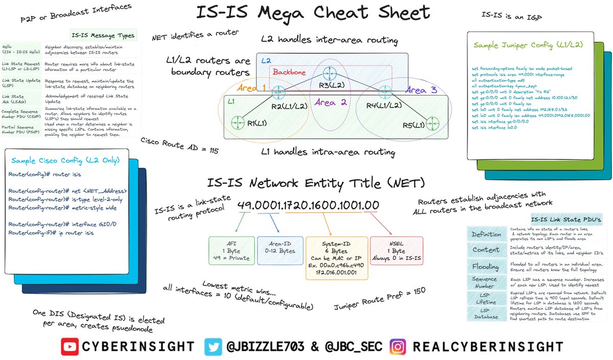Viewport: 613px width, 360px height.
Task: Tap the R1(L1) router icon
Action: [x=237, y=122]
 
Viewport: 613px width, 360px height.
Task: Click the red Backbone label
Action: [x=289, y=73]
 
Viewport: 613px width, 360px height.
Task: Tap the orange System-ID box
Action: [x=336, y=257]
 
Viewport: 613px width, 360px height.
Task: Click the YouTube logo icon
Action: [x=70, y=347]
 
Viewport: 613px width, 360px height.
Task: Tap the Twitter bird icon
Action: [x=213, y=347]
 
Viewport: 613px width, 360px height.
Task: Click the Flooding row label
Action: [x=485, y=267]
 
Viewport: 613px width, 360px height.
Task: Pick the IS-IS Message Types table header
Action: [x=103, y=35]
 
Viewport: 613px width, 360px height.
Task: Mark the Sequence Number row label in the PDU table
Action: [x=485, y=282]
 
